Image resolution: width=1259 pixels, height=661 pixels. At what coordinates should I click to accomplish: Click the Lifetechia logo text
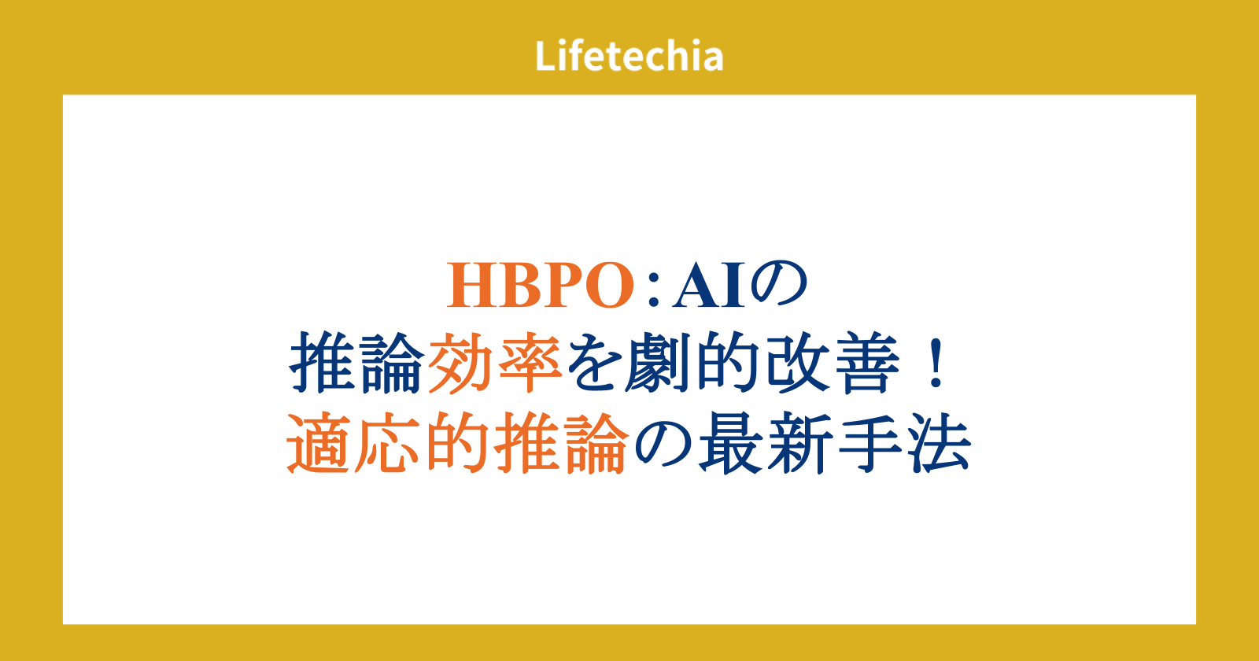point(629,56)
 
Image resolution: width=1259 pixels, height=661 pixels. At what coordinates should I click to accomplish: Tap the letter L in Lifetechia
point(545,56)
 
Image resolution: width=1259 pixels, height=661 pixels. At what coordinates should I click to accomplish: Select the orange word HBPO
point(540,286)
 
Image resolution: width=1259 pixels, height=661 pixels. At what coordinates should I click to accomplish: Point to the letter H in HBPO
point(472,286)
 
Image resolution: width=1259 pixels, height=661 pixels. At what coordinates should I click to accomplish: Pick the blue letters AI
point(709,286)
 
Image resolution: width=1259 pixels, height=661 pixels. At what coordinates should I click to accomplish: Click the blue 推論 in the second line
point(356,363)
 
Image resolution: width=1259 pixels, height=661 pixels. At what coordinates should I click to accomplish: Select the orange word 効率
point(495,363)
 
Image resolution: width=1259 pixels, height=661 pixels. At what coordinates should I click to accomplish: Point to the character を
point(595,363)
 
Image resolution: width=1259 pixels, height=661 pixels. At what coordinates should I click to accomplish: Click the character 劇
point(658,363)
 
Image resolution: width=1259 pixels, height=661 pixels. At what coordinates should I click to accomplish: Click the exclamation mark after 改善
point(936,363)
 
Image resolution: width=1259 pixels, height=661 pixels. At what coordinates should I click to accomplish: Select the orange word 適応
point(353,443)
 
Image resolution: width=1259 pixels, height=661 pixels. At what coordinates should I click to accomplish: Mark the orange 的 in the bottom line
point(457,443)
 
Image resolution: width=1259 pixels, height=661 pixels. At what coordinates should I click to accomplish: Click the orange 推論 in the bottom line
point(560,443)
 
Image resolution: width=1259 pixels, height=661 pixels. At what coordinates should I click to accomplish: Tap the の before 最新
point(663,444)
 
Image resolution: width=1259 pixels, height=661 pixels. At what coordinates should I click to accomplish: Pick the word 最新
point(766,443)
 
